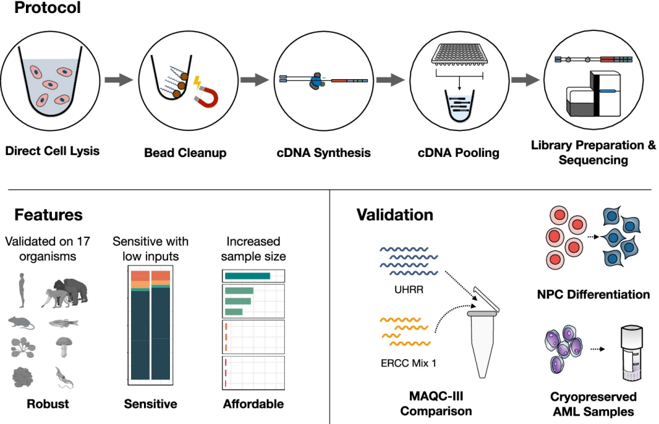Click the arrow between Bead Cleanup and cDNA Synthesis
click(x=255, y=80)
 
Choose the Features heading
click(x=49, y=215)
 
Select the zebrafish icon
click(x=63, y=322)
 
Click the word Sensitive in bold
click(x=150, y=404)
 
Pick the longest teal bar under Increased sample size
click(x=247, y=276)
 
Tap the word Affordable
click(x=253, y=404)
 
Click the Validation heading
click(x=395, y=215)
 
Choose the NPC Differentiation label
click(x=593, y=294)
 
